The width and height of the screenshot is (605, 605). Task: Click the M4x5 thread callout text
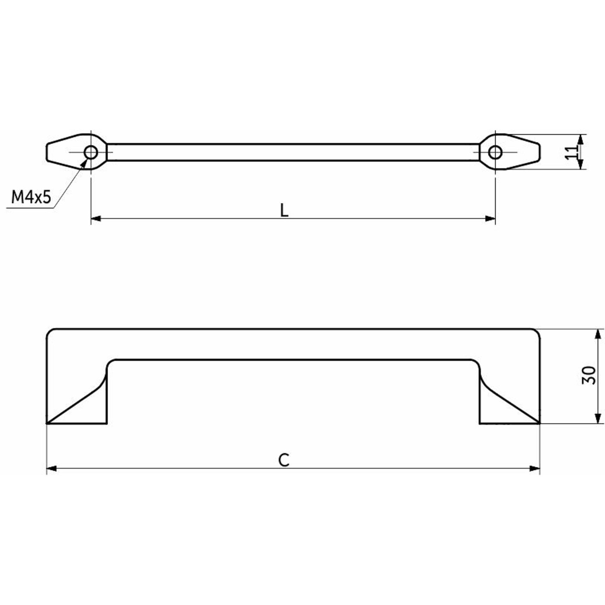click(31, 197)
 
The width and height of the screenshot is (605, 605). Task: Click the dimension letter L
click(284, 210)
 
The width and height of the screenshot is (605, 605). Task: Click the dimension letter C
click(284, 460)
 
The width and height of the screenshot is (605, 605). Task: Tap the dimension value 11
click(571, 152)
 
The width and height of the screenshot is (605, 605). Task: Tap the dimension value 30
click(589, 375)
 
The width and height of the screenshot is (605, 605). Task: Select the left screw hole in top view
click(91, 152)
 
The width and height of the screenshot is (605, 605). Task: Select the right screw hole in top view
click(495, 152)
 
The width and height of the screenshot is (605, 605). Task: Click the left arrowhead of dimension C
click(51, 468)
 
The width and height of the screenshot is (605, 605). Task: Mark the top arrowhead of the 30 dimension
click(598, 334)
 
